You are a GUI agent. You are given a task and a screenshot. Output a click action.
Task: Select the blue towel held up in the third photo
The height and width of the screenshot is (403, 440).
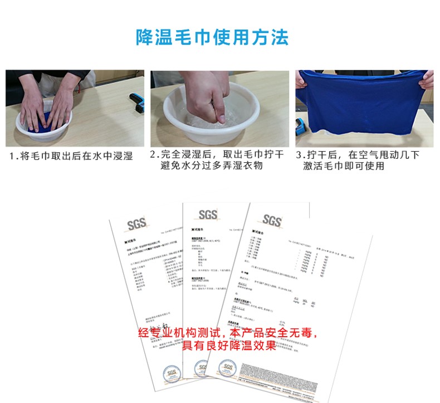[x=362, y=109]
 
